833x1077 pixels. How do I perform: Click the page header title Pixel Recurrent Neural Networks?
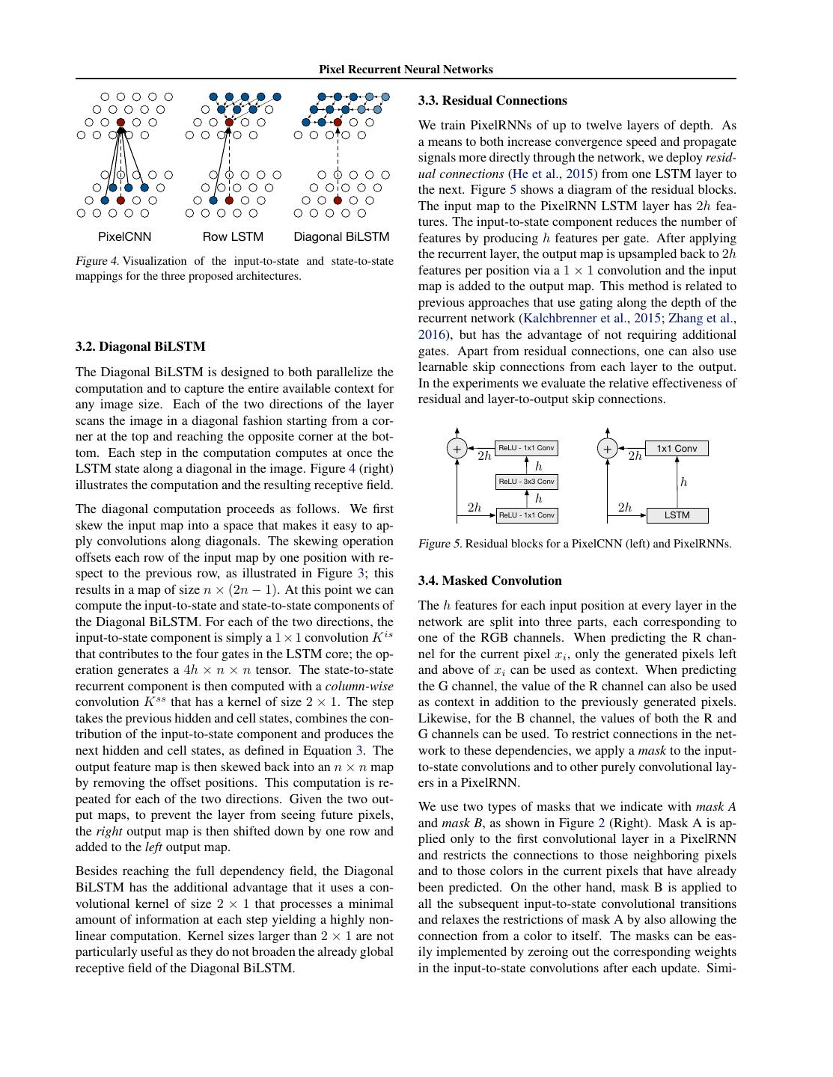(406, 70)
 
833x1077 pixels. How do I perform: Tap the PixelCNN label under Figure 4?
(124, 237)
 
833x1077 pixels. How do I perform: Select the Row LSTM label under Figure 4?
(233, 237)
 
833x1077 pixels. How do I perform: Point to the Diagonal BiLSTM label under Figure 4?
(341, 237)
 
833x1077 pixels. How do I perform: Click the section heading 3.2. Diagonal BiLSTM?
(140, 346)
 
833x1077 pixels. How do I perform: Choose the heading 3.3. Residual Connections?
(492, 100)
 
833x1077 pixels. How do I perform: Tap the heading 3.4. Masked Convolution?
(489, 580)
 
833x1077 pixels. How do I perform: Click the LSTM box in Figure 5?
(677, 515)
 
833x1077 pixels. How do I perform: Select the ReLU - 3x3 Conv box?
(527, 482)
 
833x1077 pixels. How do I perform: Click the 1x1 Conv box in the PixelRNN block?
(677, 449)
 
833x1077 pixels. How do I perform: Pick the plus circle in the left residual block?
(457, 449)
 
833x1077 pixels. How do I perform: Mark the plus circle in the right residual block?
(607, 449)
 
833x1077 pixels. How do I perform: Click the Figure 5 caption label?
(439, 544)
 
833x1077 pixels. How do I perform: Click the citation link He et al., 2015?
(552, 174)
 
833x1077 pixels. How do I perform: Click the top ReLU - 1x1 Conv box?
(527, 448)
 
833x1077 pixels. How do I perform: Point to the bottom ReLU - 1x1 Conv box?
(527, 515)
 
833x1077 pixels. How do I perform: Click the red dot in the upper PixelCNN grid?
(120, 122)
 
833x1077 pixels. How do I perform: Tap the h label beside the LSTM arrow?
(683, 482)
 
